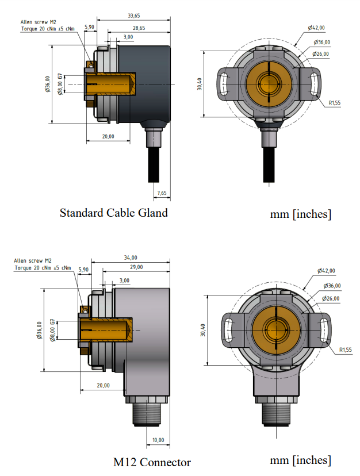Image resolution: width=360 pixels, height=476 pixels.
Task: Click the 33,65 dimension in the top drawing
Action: [x=133, y=16]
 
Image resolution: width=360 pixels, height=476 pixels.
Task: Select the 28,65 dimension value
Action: [x=139, y=28]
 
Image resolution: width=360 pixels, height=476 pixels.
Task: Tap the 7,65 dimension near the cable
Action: [x=162, y=193]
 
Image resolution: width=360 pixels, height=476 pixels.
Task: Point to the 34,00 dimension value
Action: [x=131, y=258]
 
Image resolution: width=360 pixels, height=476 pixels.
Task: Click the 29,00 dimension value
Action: [x=136, y=267]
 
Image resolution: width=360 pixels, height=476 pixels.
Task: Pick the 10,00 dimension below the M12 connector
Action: [x=158, y=440]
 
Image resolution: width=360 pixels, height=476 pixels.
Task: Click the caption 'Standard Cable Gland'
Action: [x=114, y=213]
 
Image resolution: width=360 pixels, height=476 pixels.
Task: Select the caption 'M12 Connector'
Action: [x=152, y=462]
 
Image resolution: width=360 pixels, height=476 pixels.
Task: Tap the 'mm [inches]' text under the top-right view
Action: [x=300, y=214]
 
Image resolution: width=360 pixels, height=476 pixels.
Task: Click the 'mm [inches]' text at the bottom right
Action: [x=300, y=460]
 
